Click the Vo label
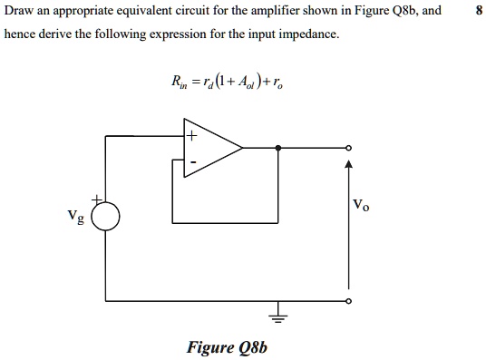362,206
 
